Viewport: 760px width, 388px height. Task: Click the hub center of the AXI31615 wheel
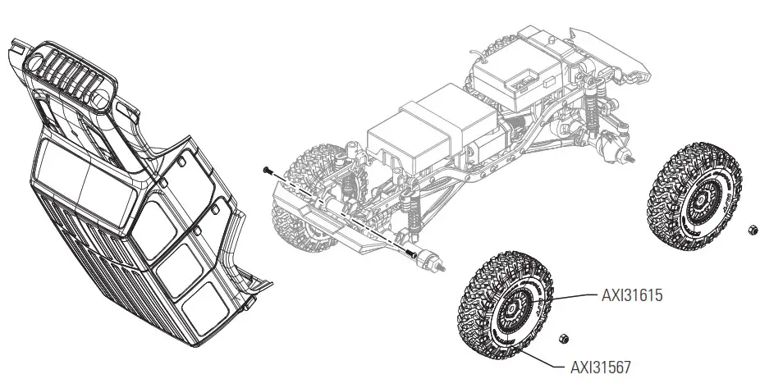pyautogui.click(x=510, y=310)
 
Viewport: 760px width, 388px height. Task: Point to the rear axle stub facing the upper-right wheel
pyautogui.click(x=628, y=155)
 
